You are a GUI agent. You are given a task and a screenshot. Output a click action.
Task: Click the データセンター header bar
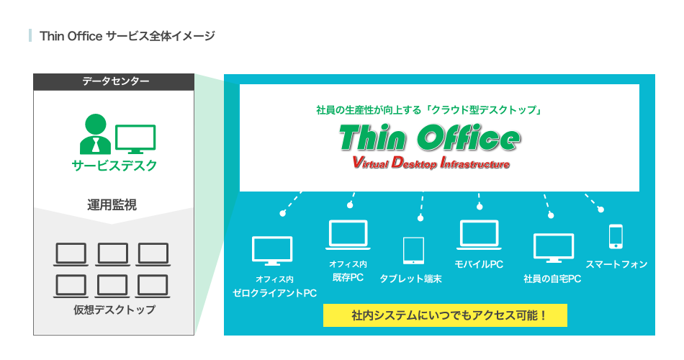point(114,82)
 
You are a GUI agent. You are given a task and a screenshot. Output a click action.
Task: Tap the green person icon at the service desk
point(96,135)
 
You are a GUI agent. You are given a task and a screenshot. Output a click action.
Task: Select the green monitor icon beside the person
point(135,139)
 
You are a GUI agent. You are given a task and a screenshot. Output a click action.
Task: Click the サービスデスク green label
point(114,166)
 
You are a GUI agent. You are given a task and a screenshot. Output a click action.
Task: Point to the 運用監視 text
point(112,204)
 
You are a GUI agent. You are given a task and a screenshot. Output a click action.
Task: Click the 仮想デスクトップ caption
point(114,310)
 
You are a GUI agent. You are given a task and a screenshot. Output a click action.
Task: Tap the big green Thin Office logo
point(429,138)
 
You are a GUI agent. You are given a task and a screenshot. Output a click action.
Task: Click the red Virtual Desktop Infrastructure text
point(431,163)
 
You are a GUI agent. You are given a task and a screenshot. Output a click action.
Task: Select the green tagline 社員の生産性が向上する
point(369,110)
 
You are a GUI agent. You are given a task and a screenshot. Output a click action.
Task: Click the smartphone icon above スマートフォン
point(616,236)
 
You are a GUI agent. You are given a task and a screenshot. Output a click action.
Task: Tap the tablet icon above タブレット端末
point(413,251)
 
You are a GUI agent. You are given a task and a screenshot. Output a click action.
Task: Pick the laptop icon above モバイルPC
point(479,235)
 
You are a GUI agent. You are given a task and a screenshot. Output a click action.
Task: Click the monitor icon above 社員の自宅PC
point(554,248)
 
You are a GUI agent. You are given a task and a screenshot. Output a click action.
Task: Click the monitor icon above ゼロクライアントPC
point(272,251)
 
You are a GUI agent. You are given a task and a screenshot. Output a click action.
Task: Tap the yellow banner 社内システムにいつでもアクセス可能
point(445,315)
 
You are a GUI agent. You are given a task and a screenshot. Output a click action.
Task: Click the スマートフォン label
point(616,264)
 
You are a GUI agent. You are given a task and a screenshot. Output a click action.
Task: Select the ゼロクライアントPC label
point(275,293)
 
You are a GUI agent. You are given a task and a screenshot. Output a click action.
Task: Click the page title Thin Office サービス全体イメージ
point(127,36)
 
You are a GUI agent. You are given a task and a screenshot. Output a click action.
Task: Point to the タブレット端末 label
point(410,279)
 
